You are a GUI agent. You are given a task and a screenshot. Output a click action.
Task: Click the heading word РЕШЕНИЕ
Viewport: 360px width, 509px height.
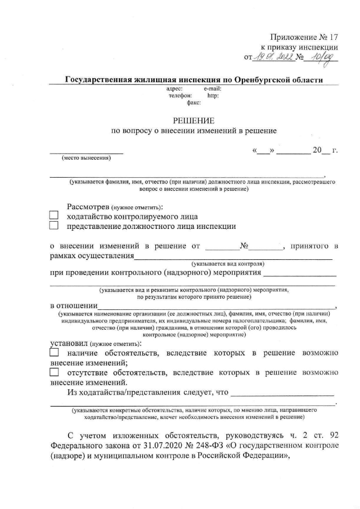193,120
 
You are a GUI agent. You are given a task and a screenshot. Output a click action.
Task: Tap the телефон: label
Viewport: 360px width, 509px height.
180,96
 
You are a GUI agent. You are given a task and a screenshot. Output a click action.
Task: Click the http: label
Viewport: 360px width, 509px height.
213,96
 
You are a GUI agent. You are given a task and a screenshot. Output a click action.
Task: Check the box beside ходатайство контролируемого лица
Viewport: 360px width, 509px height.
54,216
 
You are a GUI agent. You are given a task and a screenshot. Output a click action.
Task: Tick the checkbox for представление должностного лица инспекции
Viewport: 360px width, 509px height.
54,226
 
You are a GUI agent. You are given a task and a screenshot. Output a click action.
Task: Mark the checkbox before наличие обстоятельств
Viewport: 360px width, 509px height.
54,353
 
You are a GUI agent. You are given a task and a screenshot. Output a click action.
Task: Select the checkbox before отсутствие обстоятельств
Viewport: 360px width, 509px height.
54,372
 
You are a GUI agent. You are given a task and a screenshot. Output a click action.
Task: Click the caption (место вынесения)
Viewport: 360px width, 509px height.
86,158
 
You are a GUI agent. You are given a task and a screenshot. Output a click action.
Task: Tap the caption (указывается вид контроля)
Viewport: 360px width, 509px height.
228,263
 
